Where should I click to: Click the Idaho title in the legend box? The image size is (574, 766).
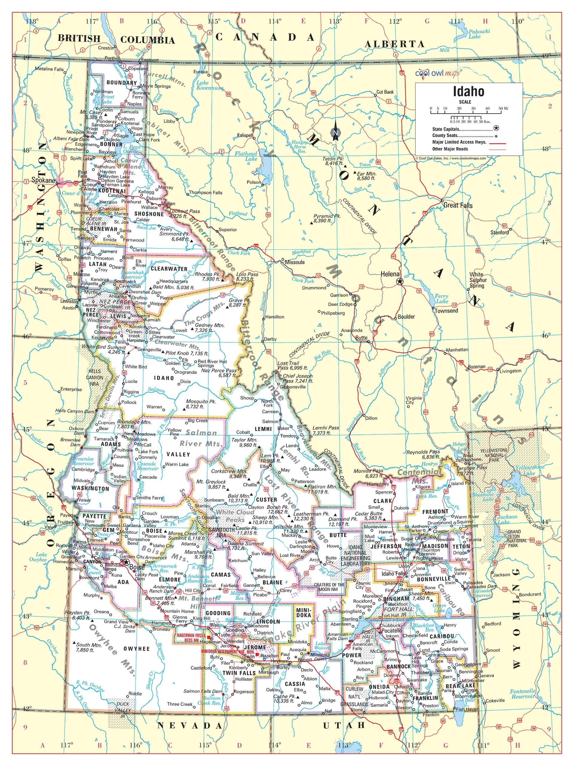pyautogui.click(x=468, y=92)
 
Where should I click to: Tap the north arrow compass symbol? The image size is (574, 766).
pyautogui.click(x=335, y=132)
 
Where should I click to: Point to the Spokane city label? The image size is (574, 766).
pyautogui.click(x=43, y=180)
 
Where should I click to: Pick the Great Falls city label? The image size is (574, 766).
pyautogui.click(x=458, y=205)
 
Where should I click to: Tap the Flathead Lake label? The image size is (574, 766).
pyautogui.click(x=246, y=156)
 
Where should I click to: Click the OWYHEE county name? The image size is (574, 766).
pyautogui.click(x=137, y=649)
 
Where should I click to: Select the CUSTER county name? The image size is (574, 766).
pyautogui.click(x=266, y=500)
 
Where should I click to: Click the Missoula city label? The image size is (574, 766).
pyautogui.click(x=294, y=262)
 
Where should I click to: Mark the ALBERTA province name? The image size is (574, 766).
pyautogui.click(x=394, y=44)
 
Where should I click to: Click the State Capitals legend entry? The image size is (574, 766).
pyautogui.click(x=446, y=129)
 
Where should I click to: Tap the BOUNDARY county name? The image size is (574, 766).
pyautogui.click(x=121, y=83)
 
